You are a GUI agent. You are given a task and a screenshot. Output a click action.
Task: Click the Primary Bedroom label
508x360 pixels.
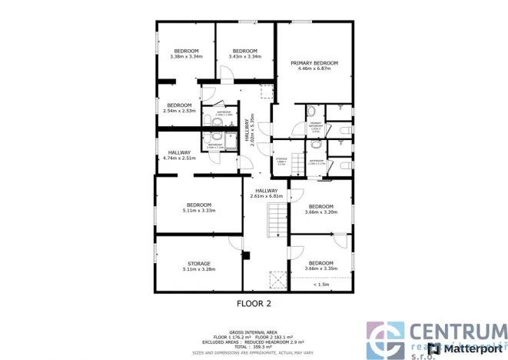(314, 65)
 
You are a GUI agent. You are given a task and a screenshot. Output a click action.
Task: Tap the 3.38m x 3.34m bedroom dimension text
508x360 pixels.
(186, 56)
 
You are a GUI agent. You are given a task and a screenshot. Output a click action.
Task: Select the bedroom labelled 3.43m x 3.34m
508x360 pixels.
(244, 56)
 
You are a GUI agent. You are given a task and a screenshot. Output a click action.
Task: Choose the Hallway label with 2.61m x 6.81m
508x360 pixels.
(267, 194)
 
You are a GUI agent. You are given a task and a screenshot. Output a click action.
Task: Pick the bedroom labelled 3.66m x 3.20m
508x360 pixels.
(320, 209)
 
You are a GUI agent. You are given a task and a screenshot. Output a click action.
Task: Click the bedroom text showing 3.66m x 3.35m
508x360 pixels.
(320, 265)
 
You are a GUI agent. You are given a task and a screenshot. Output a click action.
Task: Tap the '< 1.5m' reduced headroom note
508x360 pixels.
(320, 285)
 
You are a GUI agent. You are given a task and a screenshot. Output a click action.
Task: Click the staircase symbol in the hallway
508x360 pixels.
(276, 221)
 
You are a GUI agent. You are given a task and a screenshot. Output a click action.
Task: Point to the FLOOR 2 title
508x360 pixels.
(254, 304)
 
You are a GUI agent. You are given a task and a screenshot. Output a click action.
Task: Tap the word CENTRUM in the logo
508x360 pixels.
(457, 332)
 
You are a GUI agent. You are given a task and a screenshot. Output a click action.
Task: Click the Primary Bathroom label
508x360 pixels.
(315, 125)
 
